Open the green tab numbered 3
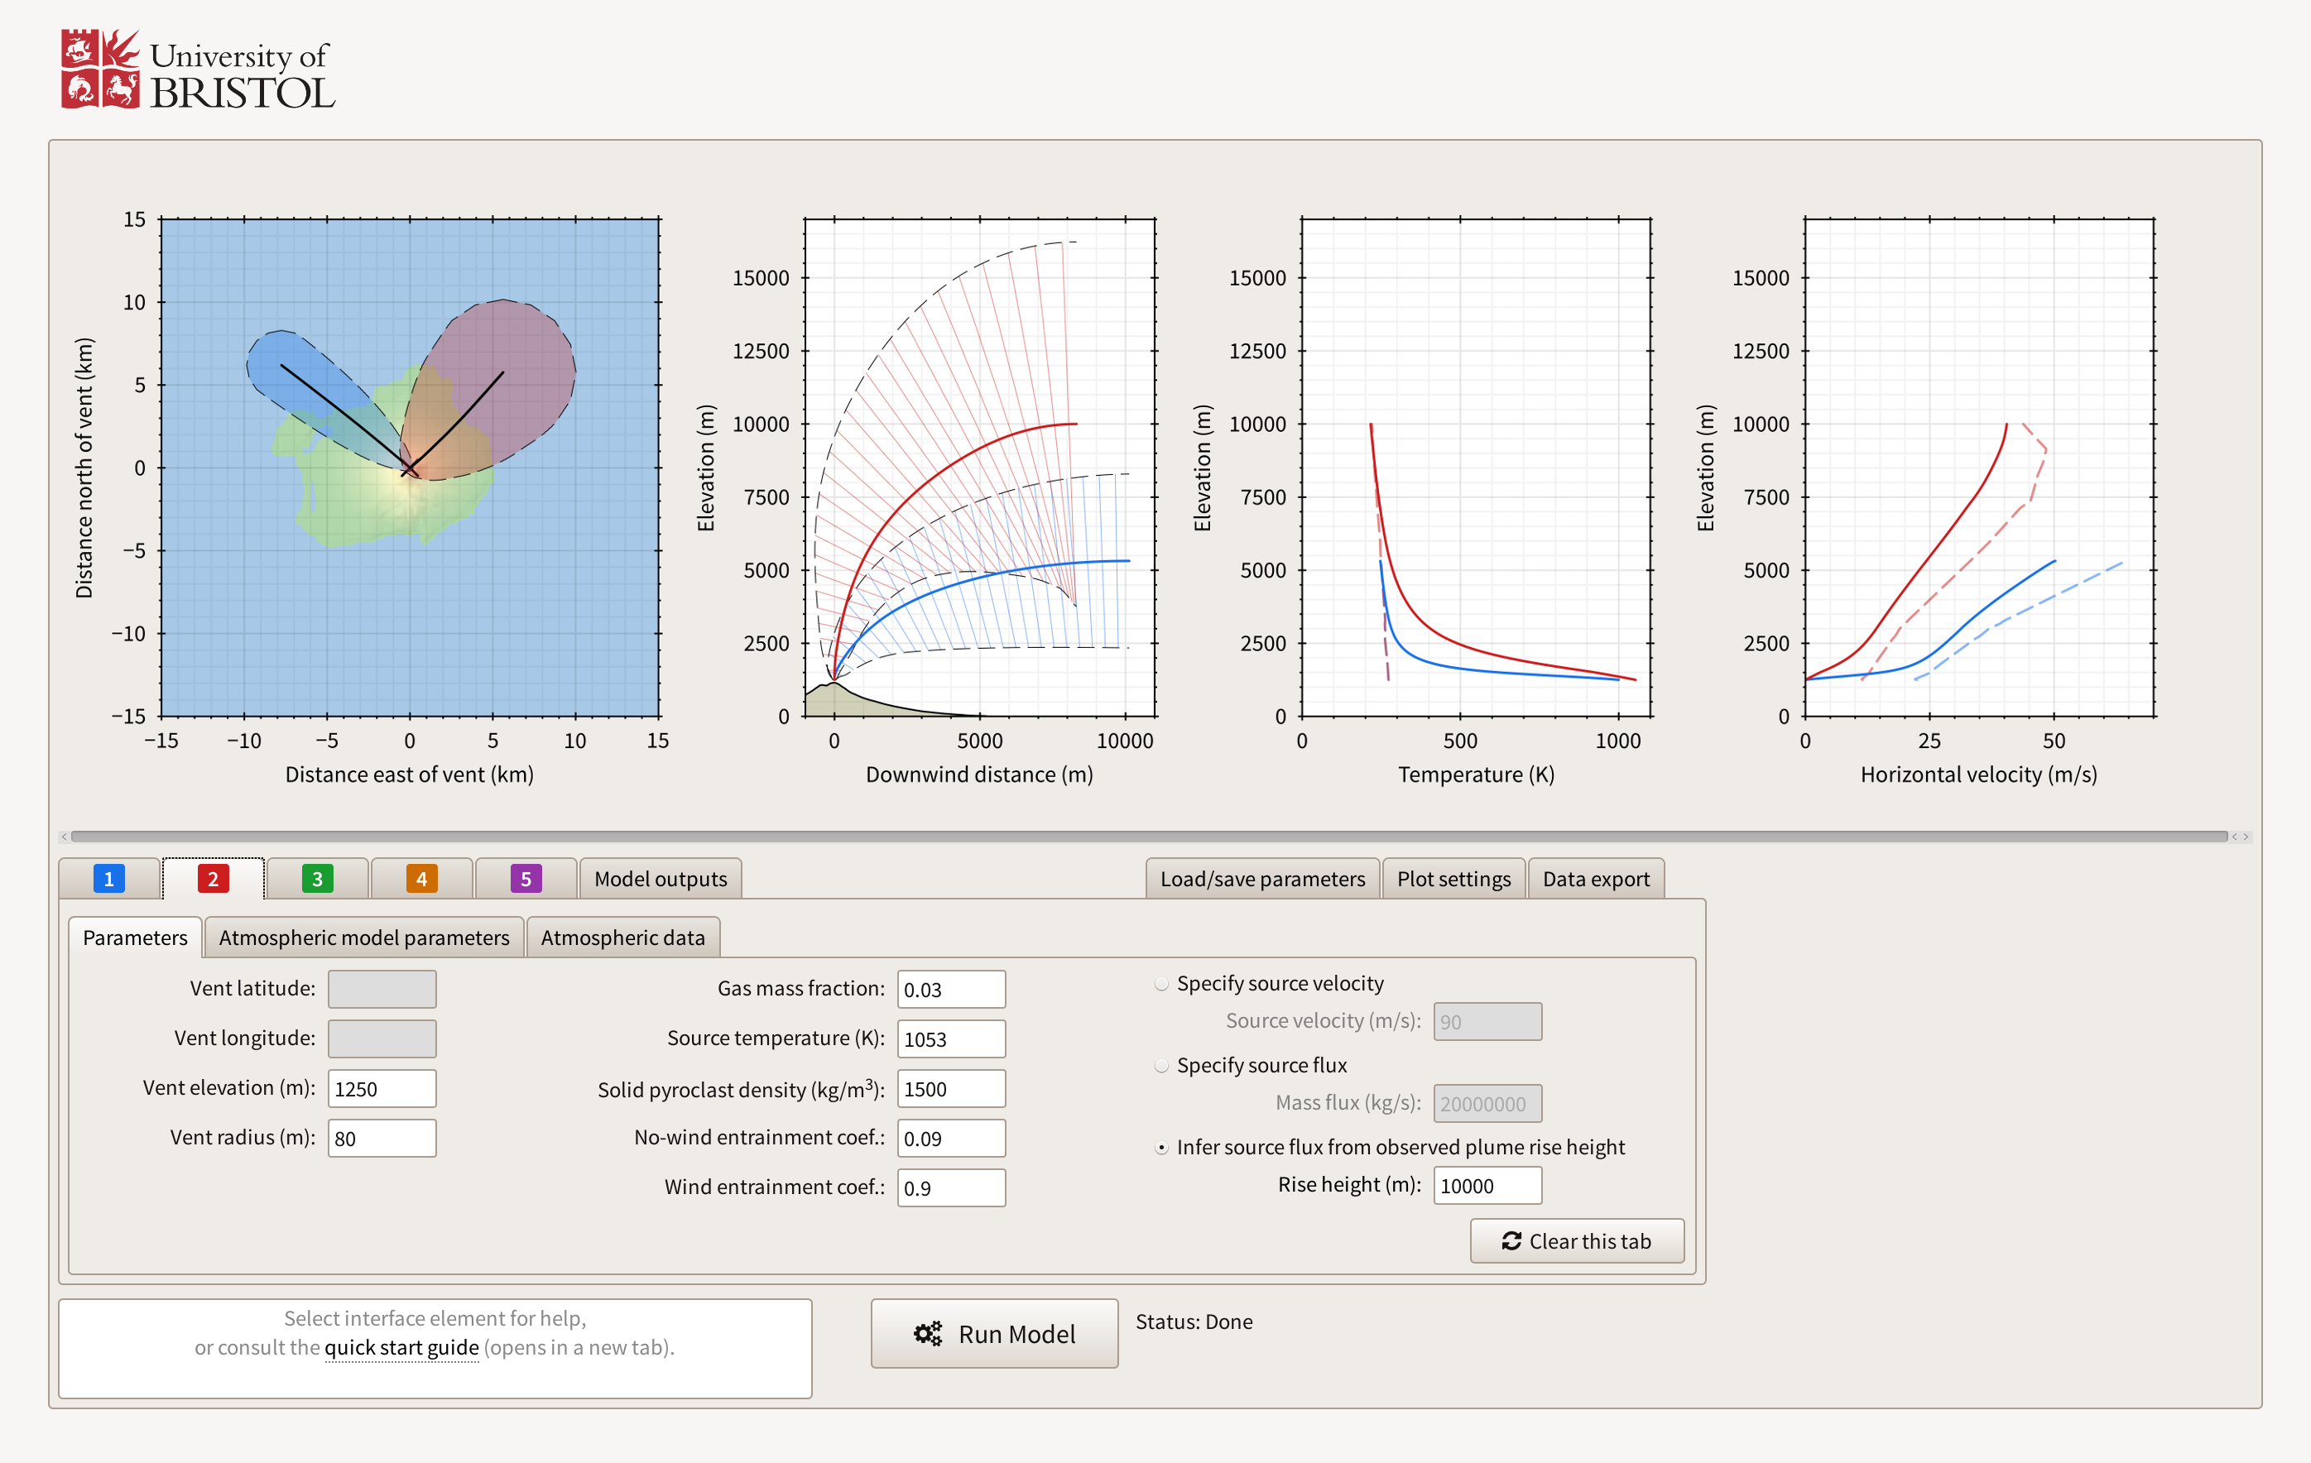(317, 879)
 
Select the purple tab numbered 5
(525, 879)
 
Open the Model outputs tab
(661, 879)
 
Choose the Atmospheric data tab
(622, 938)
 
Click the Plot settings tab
(1453, 879)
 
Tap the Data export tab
(1595, 879)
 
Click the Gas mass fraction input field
(950, 989)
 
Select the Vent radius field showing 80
(381, 1138)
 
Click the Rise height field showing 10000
(1487, 1185)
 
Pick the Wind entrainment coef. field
(950, 1187)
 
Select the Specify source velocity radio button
(1161, 983)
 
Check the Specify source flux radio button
(1161, 1066)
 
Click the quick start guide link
(401, 1347)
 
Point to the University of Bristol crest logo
(100, 69)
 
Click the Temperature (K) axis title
(1475, 775)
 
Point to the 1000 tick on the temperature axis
(1618, 741)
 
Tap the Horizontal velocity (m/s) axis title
(1978, 775)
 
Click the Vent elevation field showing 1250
(381, 1089)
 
